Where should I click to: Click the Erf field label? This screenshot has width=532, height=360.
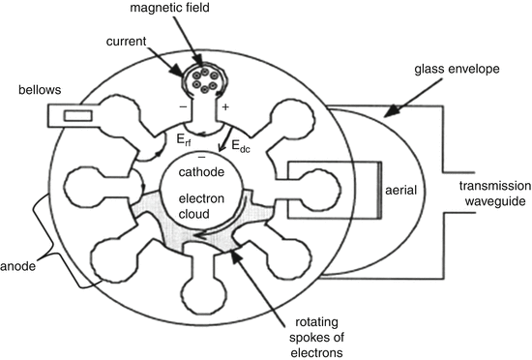pyautogui.click(x=184, y=140)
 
